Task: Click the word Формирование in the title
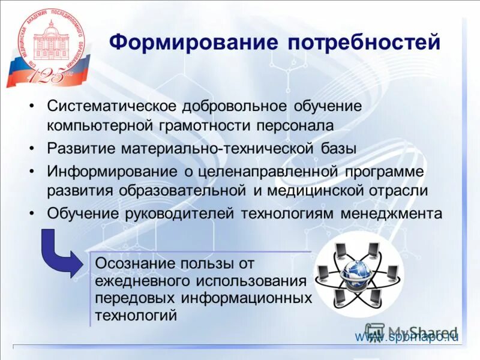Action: coord(193,43)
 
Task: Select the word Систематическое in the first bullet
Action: coord(111,106)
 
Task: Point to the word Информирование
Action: coord(112,171)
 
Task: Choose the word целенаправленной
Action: coord(267,171)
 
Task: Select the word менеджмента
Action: coord(392,213)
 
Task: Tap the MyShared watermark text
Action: coord(422,331)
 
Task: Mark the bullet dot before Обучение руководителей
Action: coord(32,214)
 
